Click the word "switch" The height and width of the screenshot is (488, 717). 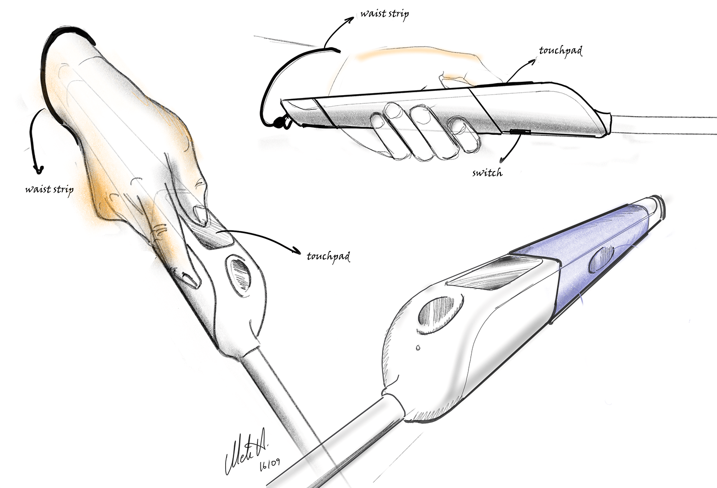pyautogui.click(x=487, y=173)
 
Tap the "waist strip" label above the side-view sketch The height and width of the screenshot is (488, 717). pyautogui.click(x=384, y=14)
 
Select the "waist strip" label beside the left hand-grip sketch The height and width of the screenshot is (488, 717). pyautogui.click(x=49, y=190)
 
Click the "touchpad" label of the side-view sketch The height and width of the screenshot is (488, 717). pyautogui.click(x=560, y=51)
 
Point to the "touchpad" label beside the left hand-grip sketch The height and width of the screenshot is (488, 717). pyautogui.click(x=328, y=257)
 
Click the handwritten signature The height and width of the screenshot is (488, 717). pyautogui.click(x=245, y=454)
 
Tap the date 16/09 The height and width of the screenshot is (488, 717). pyautogui.click(x=270, y=464)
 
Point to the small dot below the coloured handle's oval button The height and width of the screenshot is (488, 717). pyautogui.click(x=418, y=347)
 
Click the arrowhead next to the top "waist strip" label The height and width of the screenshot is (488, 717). pyautogui.click(x=352, y=19)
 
